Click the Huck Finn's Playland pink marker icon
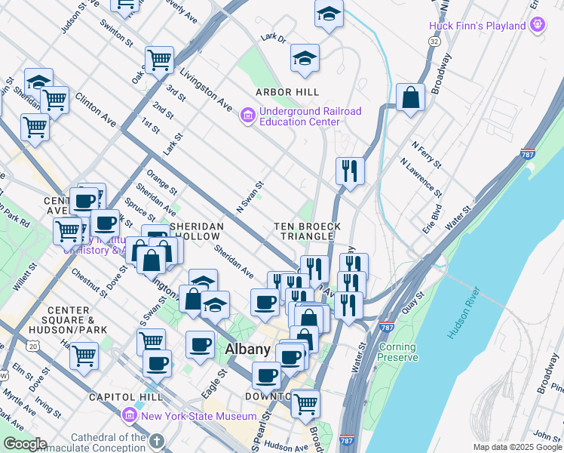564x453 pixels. [x=537, y=25]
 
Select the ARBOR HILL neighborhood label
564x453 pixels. [x=287, y=92]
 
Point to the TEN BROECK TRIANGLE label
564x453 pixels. [x=308, y=231]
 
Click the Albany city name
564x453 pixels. [x=247, y=349]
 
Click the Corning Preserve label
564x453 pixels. [x=397, y=353]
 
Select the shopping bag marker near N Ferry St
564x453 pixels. [x=410, y=97]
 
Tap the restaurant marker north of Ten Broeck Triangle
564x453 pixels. [x=350, y=170]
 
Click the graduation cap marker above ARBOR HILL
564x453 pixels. [x=305, y=58]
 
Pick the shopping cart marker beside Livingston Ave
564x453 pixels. [x=159, y=58]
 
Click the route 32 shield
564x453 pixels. [x=435, y=42]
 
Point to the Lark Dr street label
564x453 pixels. [x=273, y=38]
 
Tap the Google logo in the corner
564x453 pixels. [x=24, y=444]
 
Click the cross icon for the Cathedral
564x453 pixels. [x=157, y=440]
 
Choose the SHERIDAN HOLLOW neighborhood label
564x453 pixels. [x=196, y=232]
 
